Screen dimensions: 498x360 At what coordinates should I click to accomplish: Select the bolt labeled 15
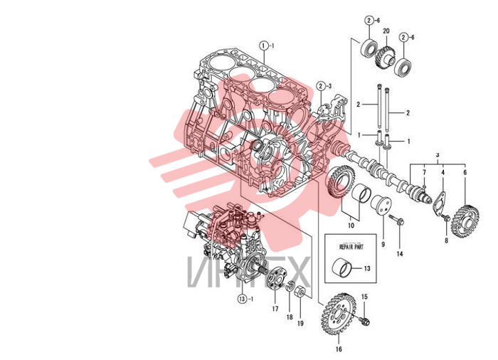coord(364,321)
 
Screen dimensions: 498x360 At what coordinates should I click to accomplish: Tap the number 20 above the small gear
coord(386,31)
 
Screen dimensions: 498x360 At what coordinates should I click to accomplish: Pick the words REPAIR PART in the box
coord(351,247)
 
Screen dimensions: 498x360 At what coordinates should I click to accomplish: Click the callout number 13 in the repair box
coord(367,268)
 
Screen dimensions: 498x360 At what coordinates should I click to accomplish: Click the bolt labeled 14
coord(397,220)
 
